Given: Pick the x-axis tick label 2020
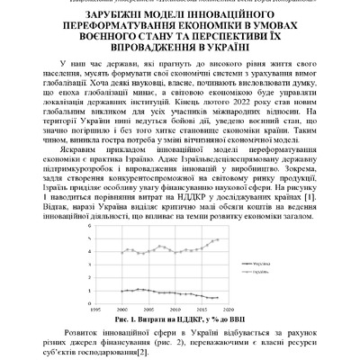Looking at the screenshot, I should [x=241, y=308].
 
